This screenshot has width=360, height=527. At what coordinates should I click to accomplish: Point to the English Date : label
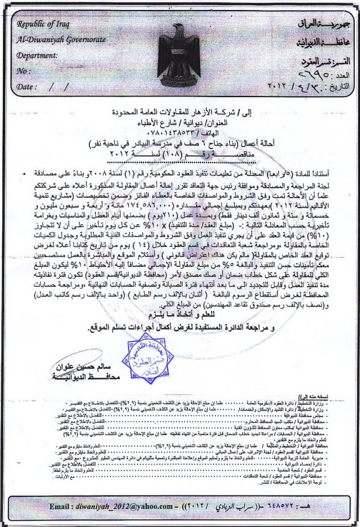27,86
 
